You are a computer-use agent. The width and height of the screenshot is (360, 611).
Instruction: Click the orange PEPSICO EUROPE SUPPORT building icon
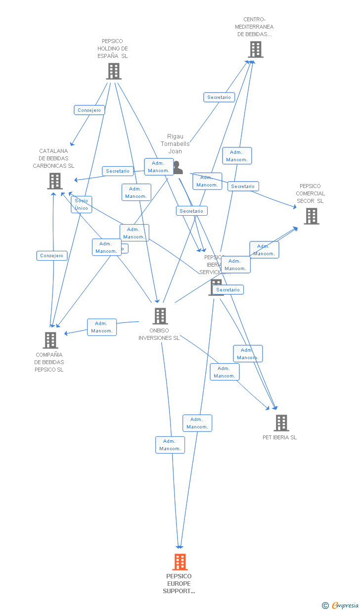pyautogui.click(x=180, y=562)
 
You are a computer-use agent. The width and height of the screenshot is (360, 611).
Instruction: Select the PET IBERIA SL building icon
pyautogui.click(x=281, y=423)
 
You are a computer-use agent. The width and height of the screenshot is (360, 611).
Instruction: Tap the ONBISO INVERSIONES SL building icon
pyautogui.click(x=160, y=316)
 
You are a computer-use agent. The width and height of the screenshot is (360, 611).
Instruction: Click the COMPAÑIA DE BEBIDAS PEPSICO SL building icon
pyautogui.click(x=50, y=340)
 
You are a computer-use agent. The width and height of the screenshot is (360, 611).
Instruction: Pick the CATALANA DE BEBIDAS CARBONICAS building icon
pyautogui.click(x=55, y=181)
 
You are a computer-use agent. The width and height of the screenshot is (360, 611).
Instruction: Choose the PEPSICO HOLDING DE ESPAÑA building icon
pyautogui.click(x=114, y=71)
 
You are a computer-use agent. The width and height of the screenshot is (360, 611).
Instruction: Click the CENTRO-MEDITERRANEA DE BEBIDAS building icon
pyautogui.click(x=256, y=49)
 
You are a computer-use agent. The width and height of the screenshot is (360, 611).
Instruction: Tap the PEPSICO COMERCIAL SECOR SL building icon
pyautogui.click(x=312, y=216)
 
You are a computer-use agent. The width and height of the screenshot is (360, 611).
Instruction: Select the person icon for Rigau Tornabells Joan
pyautogui.click(x=178, y=168)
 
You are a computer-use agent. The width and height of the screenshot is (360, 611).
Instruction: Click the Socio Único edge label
pyautogui.click(x=82, y=204)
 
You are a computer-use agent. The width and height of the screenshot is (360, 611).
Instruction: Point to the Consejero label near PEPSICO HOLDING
pyautogui.click(x=89, y=110)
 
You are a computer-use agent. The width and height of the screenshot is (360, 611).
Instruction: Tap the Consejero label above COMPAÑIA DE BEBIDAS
pyautogui.click(x=52, y=256)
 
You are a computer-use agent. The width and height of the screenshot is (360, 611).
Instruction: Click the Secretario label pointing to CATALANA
pyautogui.click(x=118, y=171)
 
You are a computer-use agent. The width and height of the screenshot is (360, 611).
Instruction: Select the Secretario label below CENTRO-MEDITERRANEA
pyautogui.click(x=219, y=97)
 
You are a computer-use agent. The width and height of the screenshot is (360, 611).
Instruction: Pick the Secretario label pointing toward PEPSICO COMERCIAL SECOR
pyautogui.click(x=243, y=187)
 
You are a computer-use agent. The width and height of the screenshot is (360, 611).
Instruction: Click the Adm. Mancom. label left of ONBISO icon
pyautogui.click(x=102, y=327)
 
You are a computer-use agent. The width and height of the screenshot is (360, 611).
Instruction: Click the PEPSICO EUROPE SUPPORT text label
pyautogui.click(x=179, y=583)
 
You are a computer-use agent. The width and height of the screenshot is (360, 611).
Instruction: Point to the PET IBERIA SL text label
pyautogui.click(x=280, y=437)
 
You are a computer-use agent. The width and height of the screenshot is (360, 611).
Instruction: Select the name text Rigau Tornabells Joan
pyautogui.click(x=175, y=144)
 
